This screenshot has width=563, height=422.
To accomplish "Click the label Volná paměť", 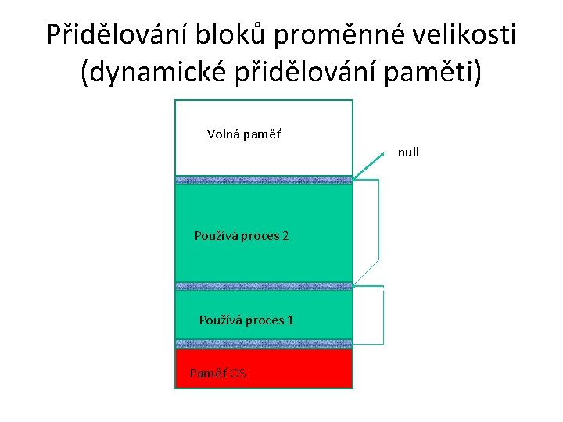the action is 244,134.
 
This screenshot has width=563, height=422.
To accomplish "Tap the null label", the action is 408,152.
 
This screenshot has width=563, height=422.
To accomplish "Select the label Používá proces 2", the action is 242,235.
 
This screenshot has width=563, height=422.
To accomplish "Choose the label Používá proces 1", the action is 246,320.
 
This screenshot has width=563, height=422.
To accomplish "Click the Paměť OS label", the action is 218,374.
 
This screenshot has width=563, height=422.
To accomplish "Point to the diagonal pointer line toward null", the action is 368,166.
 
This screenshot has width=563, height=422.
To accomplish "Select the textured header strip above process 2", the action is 264,180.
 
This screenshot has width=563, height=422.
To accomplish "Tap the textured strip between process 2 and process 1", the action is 264,287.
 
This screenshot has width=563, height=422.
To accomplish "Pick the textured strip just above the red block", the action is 264,344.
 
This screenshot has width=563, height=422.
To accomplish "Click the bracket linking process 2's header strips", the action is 378,231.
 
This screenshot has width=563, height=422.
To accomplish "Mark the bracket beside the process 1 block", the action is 383,316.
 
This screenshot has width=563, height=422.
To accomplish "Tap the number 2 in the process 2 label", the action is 285,235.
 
